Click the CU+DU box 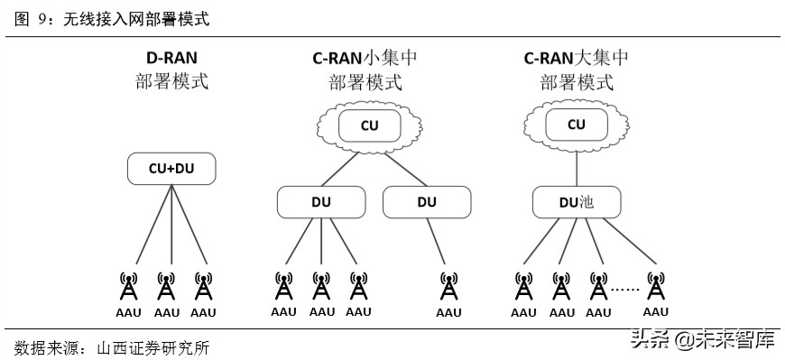click(x=171, y=168)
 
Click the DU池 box click(x=577, y=202)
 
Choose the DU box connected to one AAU click(x=427, y=202)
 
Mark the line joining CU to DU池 click(x=577, y=168)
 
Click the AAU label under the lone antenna click(x=448, y=313)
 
